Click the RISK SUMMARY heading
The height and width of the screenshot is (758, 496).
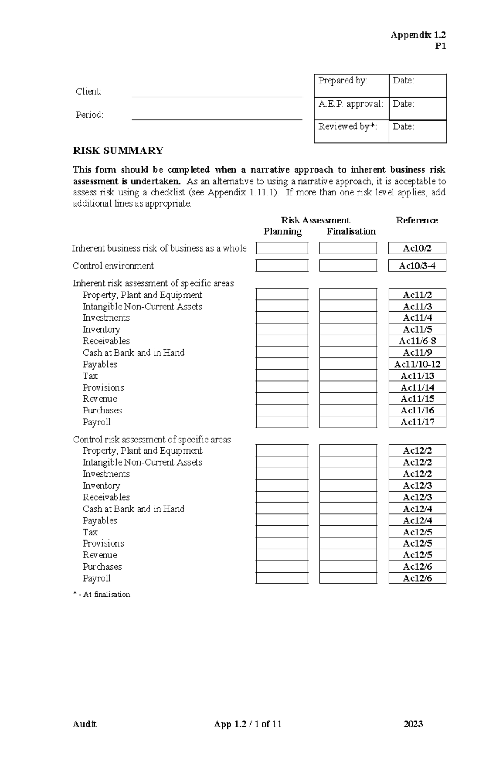pos(118,150)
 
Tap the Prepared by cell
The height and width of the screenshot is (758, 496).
pos(351,86)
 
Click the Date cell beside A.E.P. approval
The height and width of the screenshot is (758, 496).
pos(417,109)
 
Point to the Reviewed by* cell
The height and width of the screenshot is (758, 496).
pos(351,131)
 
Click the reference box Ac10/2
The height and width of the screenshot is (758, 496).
pos(417,248)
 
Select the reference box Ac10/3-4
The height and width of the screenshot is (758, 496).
pos(417,266)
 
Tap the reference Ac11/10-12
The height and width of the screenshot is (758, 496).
pos(417,364)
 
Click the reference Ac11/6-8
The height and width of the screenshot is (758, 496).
pos(417,341)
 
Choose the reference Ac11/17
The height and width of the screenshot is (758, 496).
pos(417,422)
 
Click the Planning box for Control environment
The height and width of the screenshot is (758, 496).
pos(282,266)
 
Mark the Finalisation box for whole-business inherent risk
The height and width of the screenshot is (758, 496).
pos(348,248)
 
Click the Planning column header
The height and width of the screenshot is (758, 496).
pos(283,231)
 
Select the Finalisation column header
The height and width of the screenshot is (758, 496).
pos(351,231)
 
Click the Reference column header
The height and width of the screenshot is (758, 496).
pos(417,220)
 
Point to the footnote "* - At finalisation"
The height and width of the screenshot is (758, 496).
pos(102,594)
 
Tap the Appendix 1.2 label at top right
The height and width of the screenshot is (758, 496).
pos(418,35)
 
